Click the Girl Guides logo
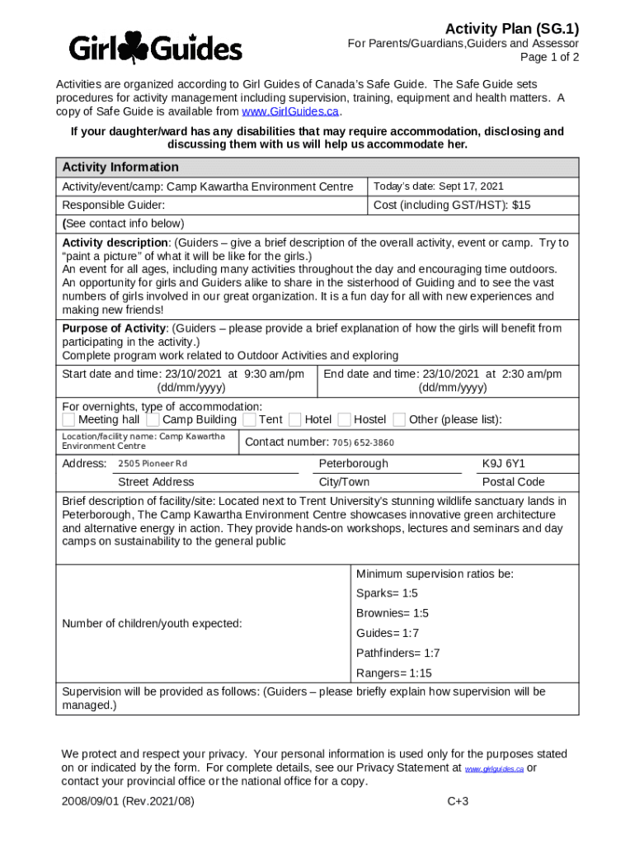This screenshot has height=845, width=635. click(155, 49)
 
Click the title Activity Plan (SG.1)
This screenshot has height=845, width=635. click(511, 28)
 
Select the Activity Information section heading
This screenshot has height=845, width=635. click(120, 167)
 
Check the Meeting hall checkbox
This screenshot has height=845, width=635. click(68, 420)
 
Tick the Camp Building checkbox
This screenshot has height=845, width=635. click(153, 420)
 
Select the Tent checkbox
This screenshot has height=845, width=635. click(249, 420)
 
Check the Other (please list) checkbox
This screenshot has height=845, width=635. click(399, 420)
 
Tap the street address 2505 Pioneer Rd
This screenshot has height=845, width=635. click(153, 464)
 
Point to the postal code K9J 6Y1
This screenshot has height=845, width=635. click(503, 464)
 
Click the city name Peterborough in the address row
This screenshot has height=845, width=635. click(353, 464)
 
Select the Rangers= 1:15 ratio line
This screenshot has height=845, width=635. click(393, 673)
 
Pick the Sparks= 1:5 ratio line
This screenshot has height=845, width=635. click(387, 593)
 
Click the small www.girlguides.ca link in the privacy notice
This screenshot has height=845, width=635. click(494, 769)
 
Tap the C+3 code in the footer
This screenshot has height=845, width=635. click(458, 800)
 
